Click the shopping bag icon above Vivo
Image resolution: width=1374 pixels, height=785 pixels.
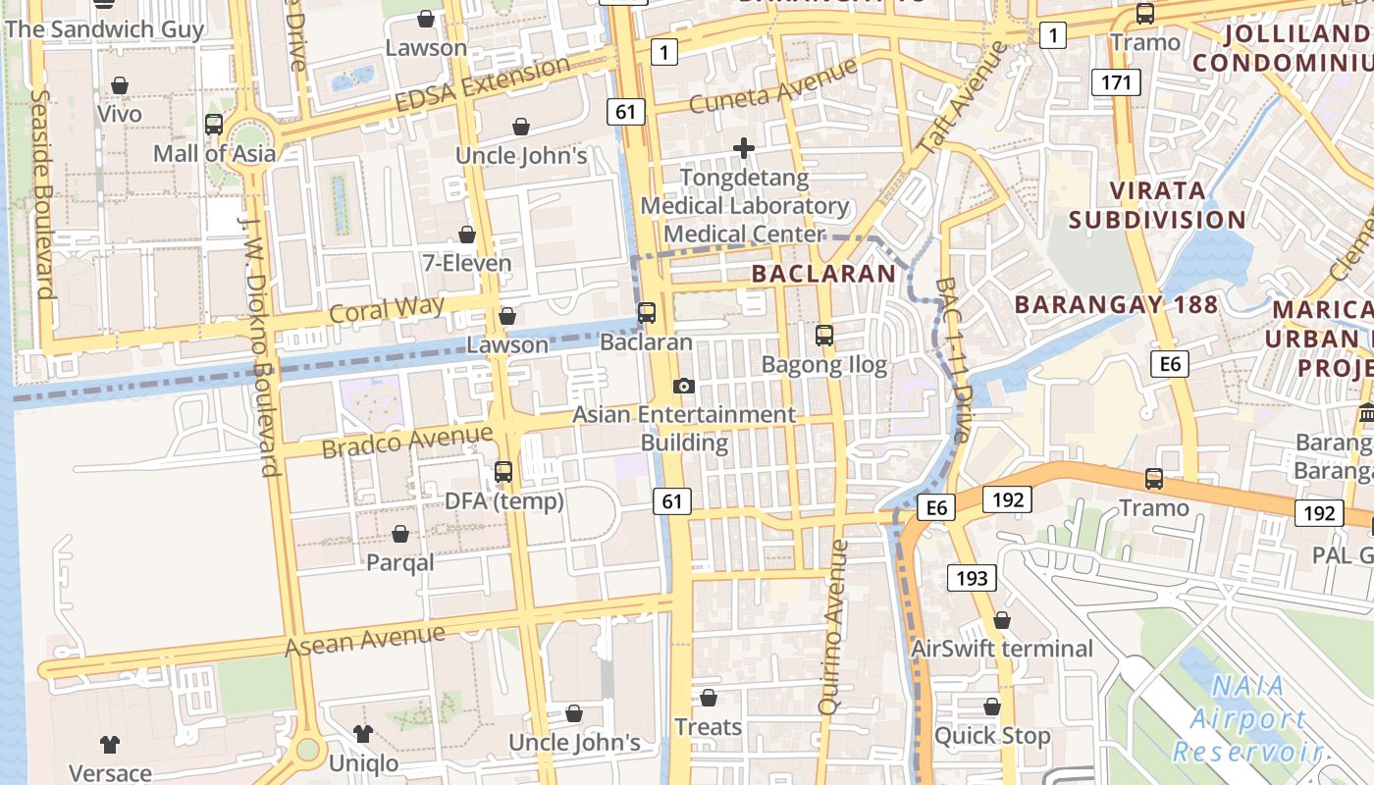pos(120,86)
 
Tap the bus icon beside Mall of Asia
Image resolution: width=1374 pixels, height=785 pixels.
pos(214,125)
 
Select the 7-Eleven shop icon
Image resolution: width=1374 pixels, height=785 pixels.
pos(467,235)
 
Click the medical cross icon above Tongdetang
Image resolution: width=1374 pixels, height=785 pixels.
pos(744,148)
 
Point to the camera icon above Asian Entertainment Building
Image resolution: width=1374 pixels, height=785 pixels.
pos(684,386)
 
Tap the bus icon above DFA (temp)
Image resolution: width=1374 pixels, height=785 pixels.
pos(503,472)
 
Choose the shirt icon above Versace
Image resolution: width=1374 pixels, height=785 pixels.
pos(110,745)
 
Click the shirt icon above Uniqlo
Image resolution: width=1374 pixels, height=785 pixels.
pos(363,734)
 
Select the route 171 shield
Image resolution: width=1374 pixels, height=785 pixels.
pos(1117,82)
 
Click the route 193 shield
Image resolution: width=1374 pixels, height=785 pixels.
pos(972,578)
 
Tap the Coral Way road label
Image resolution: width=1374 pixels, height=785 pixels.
pos(387,310)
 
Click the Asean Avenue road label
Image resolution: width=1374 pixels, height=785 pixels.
pos(365,641)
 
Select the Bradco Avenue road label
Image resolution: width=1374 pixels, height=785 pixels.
pos(407,441)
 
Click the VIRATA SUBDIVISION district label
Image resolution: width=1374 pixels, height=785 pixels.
pos(1157,204)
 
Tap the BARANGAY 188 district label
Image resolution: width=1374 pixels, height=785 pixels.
pos(1116,304)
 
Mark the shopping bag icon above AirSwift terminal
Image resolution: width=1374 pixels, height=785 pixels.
pos(1002,620)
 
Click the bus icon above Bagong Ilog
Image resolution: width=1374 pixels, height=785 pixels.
pos(824,336)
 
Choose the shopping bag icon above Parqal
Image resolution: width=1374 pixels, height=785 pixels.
pos(400,534)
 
